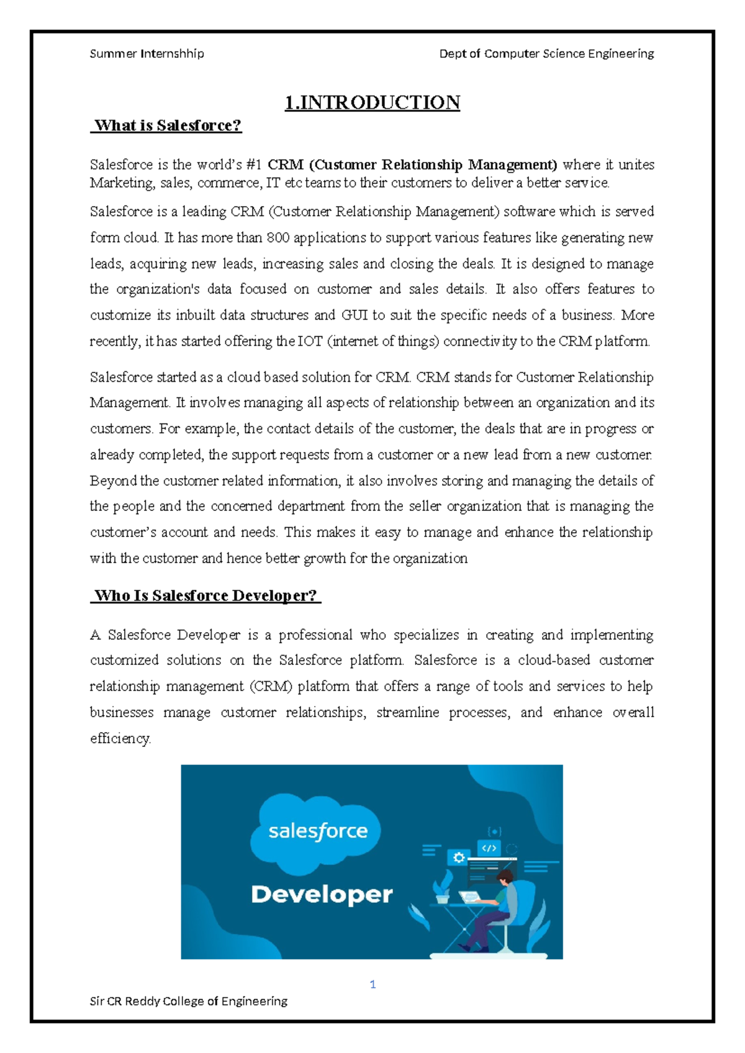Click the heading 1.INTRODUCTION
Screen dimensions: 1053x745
[x=372, y=102]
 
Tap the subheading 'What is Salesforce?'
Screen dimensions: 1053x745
[x=167, y=125]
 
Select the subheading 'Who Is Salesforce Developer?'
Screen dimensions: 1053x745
[x=205, y=595]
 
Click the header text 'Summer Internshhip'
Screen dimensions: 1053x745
[x=147, y=53]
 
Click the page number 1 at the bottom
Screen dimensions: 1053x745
[x=372, y=984]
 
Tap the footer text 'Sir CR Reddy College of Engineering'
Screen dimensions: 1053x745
[x=189, y=1001]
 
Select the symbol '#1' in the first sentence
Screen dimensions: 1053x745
[x=253, y=165]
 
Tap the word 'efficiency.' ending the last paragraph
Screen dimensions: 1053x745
[x=120, y=738]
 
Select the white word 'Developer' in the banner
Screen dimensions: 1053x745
[x=322, y=895]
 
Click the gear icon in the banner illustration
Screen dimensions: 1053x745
[x=459, y=857]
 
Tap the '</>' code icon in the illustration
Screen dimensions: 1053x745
[x=489, y=848]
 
